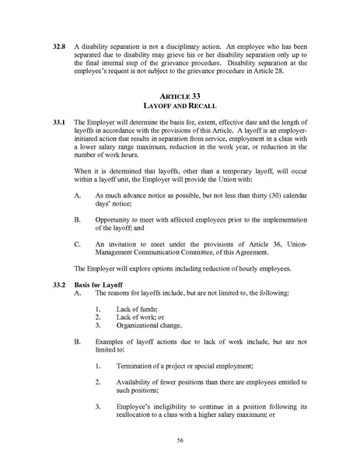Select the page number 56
(x=180, y=440)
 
